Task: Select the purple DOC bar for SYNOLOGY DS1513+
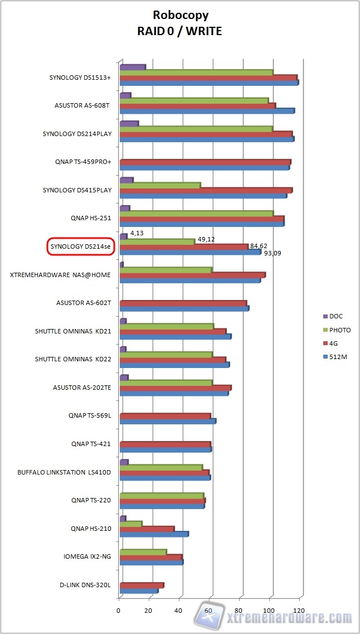point(133,67)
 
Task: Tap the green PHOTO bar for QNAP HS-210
point(131,524)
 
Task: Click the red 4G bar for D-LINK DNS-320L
point(141,585)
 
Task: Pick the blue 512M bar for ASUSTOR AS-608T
point(207,111)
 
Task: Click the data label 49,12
point(206,240)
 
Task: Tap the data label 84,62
point(259,246)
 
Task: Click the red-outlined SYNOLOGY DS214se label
point(81,246)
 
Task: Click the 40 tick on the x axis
point(179,611)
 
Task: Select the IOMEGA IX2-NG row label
point(89,556)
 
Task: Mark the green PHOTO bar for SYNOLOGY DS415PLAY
point(160,185)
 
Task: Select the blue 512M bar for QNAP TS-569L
point(167,421)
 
